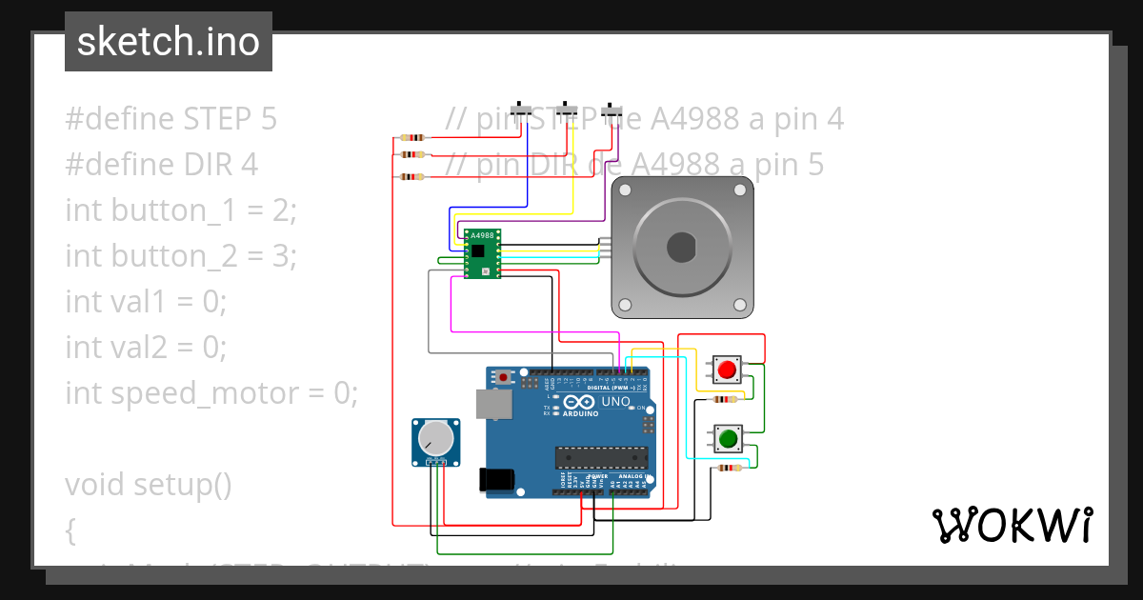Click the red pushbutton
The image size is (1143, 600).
(x=729, y=369)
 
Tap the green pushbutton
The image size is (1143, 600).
(x=729, y=439)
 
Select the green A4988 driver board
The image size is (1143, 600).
(x=482, y=253)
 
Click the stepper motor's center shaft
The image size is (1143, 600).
(x=682, y=248)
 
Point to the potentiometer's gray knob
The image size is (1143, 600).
(x=436, y=438)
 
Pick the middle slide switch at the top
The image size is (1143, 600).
(x=568, y=110)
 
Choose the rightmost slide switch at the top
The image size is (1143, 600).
(x=612, y=110)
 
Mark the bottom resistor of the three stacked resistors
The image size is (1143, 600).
(x=412, y=176)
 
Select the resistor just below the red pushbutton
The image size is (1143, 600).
(x=728, y=400)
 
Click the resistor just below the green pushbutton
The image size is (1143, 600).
(x=730, y=468)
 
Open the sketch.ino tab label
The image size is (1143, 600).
(x=169, y=42)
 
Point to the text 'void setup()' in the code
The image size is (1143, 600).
(x=149, y=485)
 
